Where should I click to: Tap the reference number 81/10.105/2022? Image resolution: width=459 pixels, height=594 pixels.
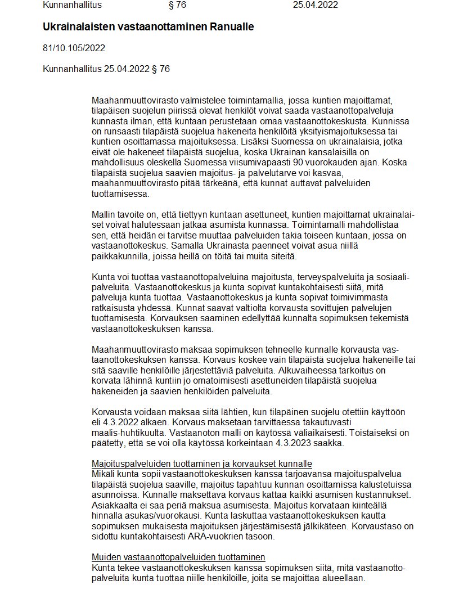[x=74, y=48]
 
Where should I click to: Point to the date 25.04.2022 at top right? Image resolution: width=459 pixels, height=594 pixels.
[x=316, y=6]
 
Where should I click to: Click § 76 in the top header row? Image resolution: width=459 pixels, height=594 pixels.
[x=177, y=6]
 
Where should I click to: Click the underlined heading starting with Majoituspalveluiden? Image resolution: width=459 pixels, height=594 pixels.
[x=201, y=464]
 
